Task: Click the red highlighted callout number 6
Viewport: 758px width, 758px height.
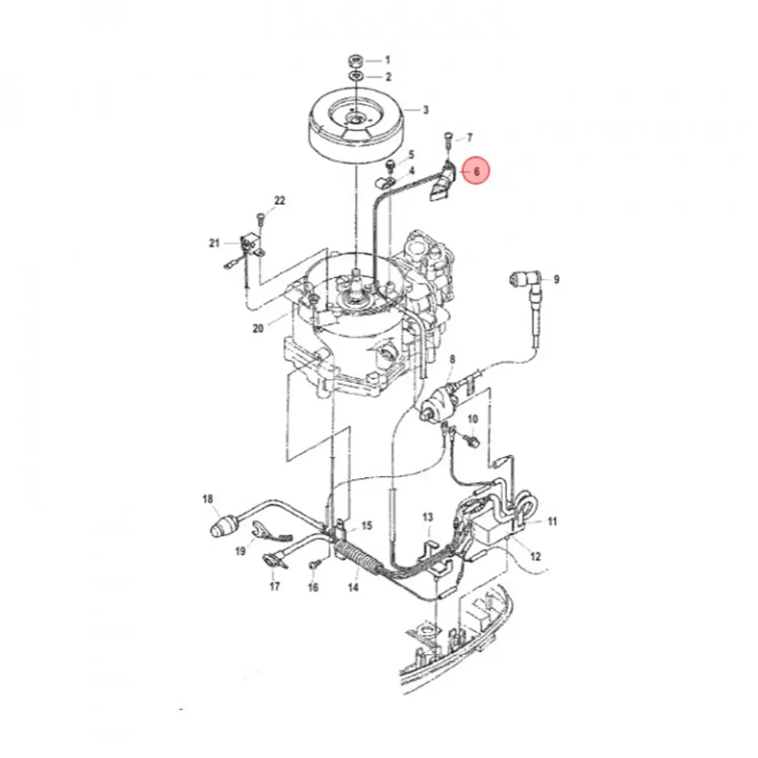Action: pyautogui.click(x=476, y=171)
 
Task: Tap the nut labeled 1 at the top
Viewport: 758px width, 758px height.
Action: pyautogui.click(x=354, y=61)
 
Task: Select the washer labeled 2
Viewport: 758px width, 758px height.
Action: pyautogui.click(x=354, y=76)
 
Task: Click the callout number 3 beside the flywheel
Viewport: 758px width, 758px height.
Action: pyautogui.click(x=426, y=110)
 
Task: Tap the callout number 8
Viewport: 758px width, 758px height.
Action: pyautogui.click(x=452, y=360)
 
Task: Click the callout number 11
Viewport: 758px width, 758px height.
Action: pyautogui.click(x=553, y=522)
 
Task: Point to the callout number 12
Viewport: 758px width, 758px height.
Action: pyautogui.click(x=535, y=556)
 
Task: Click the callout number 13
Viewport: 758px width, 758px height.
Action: pyautogui.click(x=428, y=517)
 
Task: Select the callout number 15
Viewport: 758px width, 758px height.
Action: pyautogui.click(x=366, y=526)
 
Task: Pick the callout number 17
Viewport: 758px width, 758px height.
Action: pyautogui.click(x=274, y=586)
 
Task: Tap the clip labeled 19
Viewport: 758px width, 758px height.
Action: pyautogui.click(x=258, y=530)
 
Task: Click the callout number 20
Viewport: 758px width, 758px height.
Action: pyautogui.click(x=258, y=328)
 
